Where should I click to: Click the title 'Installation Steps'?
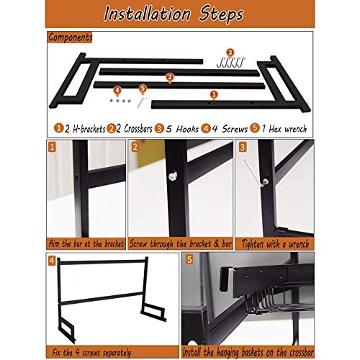tap(179, 14)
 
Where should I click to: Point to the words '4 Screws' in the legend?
tap(228, 129)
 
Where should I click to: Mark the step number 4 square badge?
tap(52, 261)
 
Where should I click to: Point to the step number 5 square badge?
tap(189, 261)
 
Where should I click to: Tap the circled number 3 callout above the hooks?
tap(229, 52)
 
